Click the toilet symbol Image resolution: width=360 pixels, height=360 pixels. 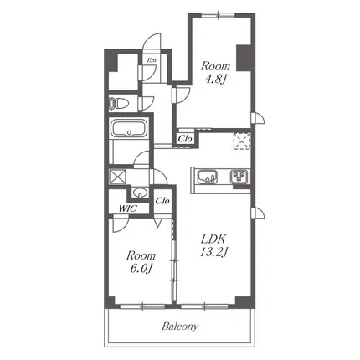(x=119, y=103)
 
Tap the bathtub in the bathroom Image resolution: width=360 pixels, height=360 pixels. (x=129, y=127)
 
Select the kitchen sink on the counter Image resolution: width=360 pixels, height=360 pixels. (x=208, y=177)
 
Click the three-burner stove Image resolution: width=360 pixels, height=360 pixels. (x=239, y=177)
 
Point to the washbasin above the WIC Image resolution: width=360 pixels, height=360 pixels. (x=140, y=193)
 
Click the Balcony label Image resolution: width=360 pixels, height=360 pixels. (x=180, y=327)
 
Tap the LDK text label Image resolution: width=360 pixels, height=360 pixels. (x=213, y=239)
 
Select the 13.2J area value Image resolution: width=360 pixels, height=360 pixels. (x=213, y=252)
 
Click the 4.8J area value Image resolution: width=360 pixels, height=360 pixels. (x=215, y=80)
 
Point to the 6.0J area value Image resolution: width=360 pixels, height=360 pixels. (x=141, y=269)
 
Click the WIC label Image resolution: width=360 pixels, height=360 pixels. (x=127, y=208)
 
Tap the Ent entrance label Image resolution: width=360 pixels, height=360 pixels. (x=152, y=60)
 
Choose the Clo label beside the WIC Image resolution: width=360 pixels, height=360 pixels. (x=162, y=201)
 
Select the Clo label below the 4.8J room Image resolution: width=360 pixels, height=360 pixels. (x=185, y=138)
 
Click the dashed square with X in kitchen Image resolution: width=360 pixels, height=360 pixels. (x=242, y=141)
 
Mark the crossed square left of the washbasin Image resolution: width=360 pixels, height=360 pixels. (x=117, y=177)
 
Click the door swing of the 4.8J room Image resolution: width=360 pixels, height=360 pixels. (x=182, y=95)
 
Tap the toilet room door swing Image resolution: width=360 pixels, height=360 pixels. (x=147, y=103)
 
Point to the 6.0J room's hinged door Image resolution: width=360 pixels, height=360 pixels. (x=121, y=224)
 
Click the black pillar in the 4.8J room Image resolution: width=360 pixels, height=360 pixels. (x=244, y=58)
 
